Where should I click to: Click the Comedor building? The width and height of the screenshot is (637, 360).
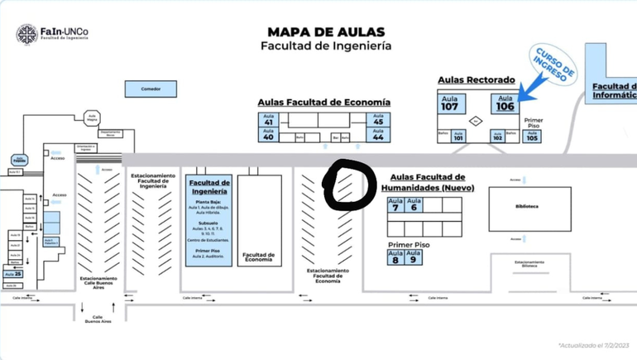pos(150,89)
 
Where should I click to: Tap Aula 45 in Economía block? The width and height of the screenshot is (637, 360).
pos(378,119)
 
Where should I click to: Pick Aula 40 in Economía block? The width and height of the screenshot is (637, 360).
pos(268,135)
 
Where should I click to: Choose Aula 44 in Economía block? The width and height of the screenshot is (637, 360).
pos(378,134)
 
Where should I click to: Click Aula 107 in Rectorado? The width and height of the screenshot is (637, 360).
pos(450,103)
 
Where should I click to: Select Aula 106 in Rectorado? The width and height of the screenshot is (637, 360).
pos(505,103)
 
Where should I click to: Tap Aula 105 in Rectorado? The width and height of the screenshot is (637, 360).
pos(532,137)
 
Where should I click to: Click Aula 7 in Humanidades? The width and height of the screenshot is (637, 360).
pos(395,204)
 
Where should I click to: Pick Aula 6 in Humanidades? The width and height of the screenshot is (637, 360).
pos(413,204)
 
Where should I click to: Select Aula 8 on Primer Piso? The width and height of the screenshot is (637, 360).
pos(395,257)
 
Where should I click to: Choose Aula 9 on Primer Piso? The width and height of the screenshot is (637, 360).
pos(413,257)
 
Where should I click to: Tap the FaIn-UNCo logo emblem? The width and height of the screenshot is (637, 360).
pos(26,34)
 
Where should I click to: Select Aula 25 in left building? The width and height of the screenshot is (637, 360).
pos(12,274)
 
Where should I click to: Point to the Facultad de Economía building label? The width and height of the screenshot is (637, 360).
pos(258,257)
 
